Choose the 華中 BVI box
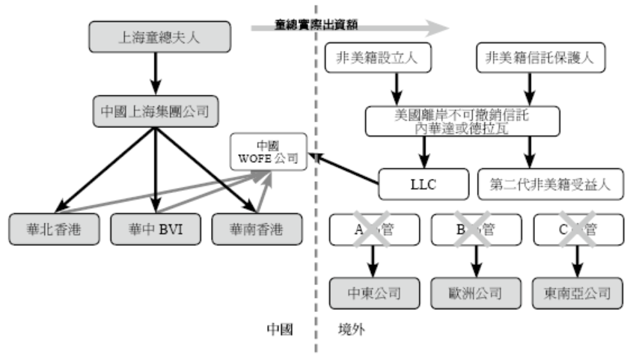(x=153, y=229)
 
